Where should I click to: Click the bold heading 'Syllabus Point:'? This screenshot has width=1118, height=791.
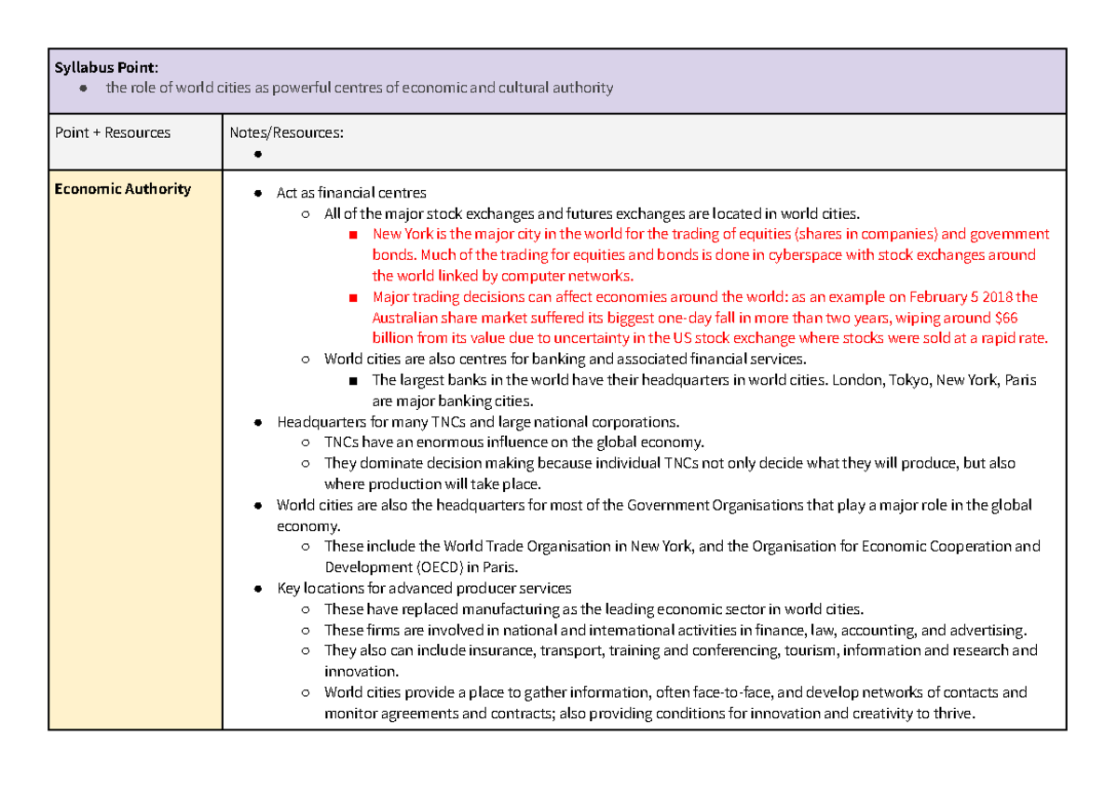[106, 67]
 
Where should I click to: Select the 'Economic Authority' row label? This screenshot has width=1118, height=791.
[122, 189]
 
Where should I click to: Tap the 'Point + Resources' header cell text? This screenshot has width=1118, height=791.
[113, 132]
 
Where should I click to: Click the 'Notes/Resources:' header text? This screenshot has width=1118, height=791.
[286, 132]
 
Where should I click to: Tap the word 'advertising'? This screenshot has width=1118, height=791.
[988, 630]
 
